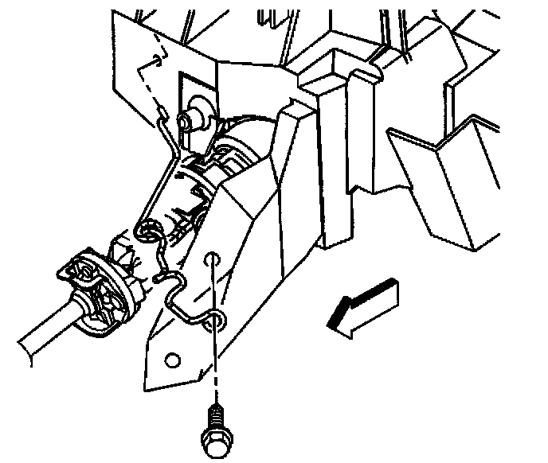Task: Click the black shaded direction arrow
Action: [365, 306]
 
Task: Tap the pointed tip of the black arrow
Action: [333, 325]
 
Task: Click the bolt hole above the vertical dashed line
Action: [211, 259]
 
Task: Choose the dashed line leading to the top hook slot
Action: [148, 84]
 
